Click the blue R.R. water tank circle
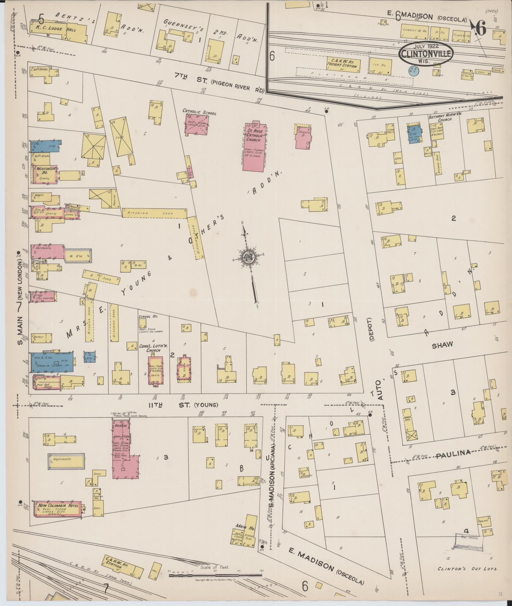pyautogui.click(x=412, y=70)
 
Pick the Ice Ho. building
pyautogui.click(x=381, y=66)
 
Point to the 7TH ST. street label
pyautogui.click(x=189, y=76)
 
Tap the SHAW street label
pyautogui.click(x=442, y=345)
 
